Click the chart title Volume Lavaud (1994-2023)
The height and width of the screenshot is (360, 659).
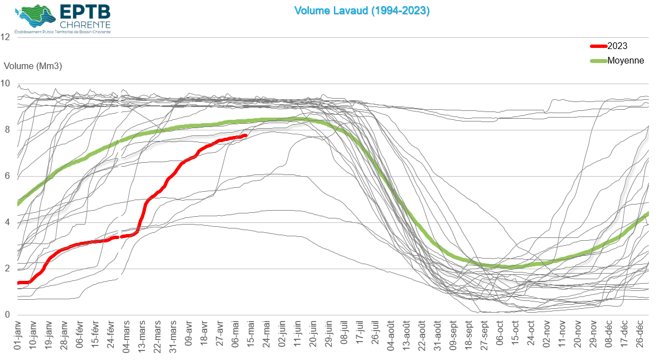pos(362,11)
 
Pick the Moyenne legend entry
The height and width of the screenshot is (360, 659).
pos(626,60)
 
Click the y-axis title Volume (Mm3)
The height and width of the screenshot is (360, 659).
pos(33,66)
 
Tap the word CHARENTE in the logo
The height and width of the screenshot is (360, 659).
pos(85,25)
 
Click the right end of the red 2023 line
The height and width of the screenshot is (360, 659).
pos(246,135)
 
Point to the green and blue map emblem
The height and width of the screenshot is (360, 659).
pos(35,17)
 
